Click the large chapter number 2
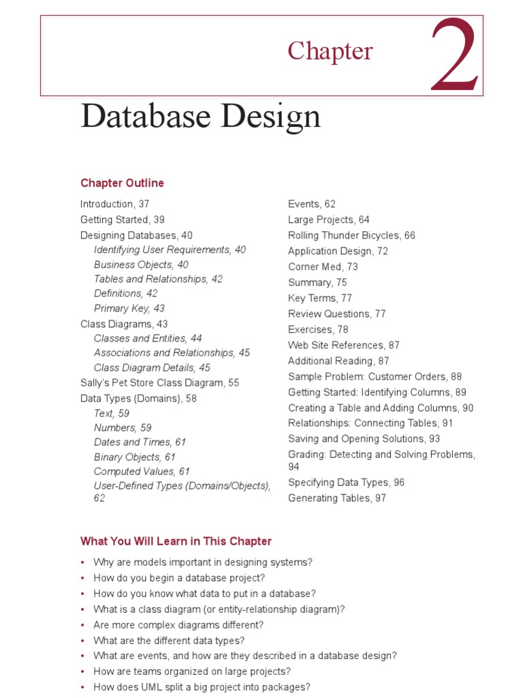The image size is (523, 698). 455,57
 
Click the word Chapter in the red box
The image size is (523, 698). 330,51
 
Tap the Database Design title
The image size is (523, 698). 200,117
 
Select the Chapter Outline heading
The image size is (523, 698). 122,183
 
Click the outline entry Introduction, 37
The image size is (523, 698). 114,204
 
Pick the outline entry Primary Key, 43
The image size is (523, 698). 129,308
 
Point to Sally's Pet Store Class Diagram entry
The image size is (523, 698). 159,382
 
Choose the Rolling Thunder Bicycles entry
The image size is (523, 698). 351,235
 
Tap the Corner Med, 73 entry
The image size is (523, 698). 323,267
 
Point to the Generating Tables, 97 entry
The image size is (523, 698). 336,498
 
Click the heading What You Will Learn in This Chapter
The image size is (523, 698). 176,541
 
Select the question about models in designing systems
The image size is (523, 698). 203,562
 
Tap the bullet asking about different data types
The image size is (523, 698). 169,641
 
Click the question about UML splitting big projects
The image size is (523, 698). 202,687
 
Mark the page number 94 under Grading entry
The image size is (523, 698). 294,467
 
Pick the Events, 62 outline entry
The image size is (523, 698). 312,204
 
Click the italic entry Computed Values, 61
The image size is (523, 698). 142,471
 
